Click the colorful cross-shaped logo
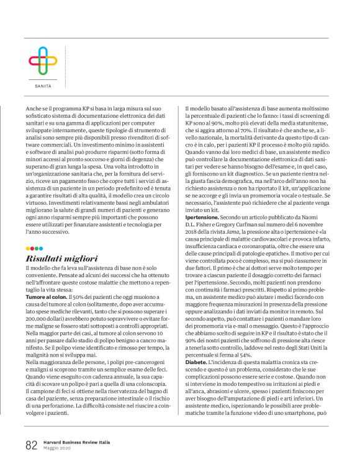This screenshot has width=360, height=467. point(43,61)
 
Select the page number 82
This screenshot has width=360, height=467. point(32,445)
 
